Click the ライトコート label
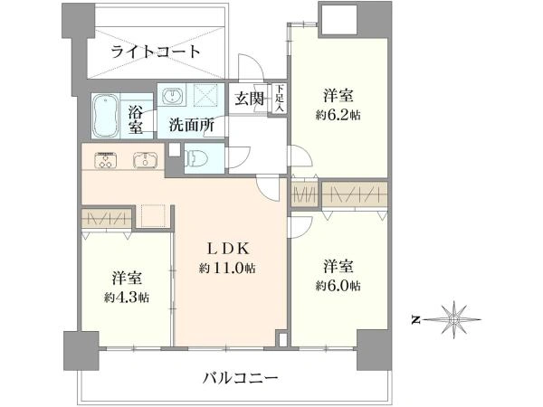pos(157,52)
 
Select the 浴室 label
pos(136,120)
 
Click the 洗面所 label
pos(191,127)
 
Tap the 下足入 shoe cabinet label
pos(281,98)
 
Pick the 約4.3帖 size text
pos(125,297)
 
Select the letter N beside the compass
pos(414,319)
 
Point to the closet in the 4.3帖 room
pos(107,220)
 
